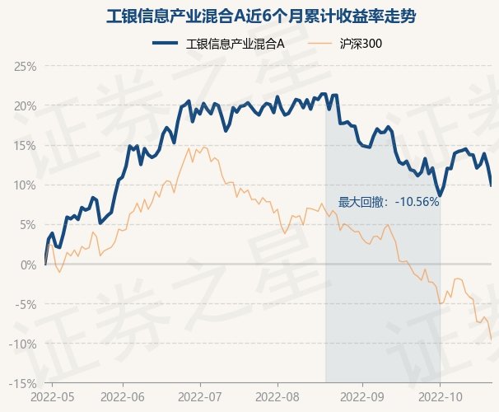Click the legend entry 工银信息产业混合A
[x=236, y=43]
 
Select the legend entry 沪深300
[x=361, y=43]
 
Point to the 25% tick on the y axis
[x=25, y=66]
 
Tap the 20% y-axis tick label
[x=25, y=105]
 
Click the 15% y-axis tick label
[x=25, y=145]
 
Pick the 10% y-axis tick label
[x=25, y=185]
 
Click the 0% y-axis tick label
[x=28, y=265]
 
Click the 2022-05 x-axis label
[x=52, y=399]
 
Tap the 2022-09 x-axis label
[x=362, y=399]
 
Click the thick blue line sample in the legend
[x=166, y=43]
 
